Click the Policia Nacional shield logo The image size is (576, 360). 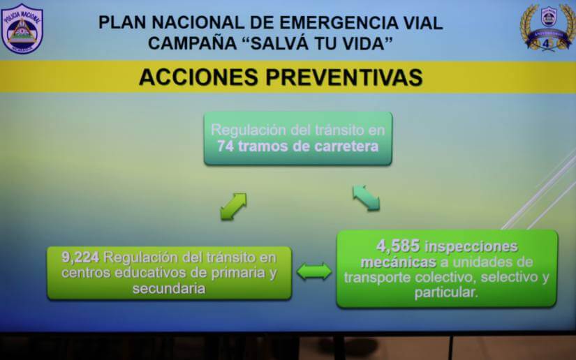click(22, 29)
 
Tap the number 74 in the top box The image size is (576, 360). click(225, 147)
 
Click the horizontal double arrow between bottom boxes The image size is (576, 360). click(314, 271)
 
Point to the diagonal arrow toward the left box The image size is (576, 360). click(233, 207)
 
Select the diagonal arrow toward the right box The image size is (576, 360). click(366, 197)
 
